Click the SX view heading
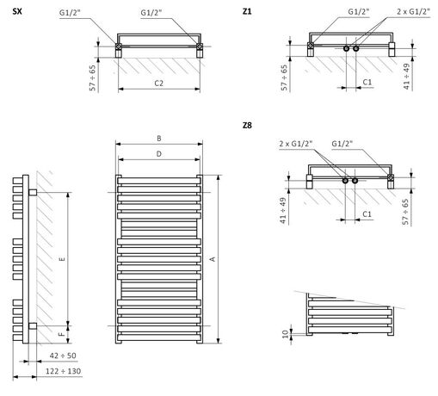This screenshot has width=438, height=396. [x=17, y=11]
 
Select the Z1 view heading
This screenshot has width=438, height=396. [x=247, y=11]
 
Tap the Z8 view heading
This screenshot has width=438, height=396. [x=247, y=125]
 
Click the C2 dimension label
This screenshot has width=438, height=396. [x=158, y=84]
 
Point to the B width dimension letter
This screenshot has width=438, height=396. [x=159, y=139]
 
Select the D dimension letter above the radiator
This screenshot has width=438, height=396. [x=159, y=154]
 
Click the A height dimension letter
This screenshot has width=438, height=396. [x=213, y=259]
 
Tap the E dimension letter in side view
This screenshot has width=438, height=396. [x=62, y=259]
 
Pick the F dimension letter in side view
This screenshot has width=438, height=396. [x=61, y=334]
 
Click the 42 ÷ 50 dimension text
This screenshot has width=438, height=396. [x=63, y=356]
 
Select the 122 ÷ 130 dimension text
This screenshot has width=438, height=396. [x=63, y=371]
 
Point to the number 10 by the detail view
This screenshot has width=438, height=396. [x=285, y=334]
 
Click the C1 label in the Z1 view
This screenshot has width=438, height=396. [x=367, y=83]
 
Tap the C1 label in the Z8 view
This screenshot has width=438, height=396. [x=367, y=214]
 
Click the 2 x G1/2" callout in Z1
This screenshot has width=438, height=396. [x=413, y=12]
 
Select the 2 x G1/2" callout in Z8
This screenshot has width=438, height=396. [x=296, y=144]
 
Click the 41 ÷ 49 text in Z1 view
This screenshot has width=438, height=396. [x=406, y=77]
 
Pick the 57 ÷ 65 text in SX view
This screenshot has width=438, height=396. [x=92, y=78]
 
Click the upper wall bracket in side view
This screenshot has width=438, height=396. [x=33, y=192]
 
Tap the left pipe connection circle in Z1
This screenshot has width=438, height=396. [x=346, y=48]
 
